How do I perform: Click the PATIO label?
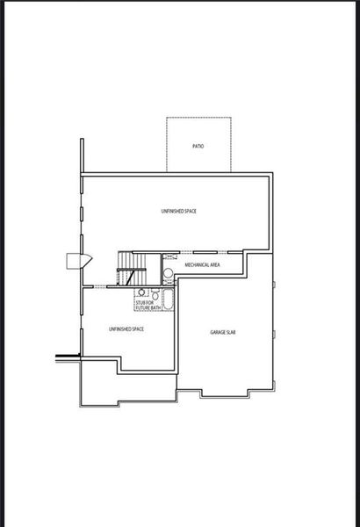[198, 145]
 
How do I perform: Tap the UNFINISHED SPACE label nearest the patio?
[178, 212]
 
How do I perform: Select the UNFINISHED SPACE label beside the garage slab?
[126, 328]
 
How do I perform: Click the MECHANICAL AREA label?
[202, 263]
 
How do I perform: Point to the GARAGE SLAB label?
[223, 333]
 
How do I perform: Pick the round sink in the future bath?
[140, 293]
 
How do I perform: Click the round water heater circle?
[169, 273]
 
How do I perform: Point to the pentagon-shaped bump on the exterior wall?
[74, 260]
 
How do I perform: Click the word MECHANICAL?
[196, 263]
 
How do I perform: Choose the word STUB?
[140, 303]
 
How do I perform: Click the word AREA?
[213, 263]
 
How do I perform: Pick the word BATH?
[155, 308]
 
